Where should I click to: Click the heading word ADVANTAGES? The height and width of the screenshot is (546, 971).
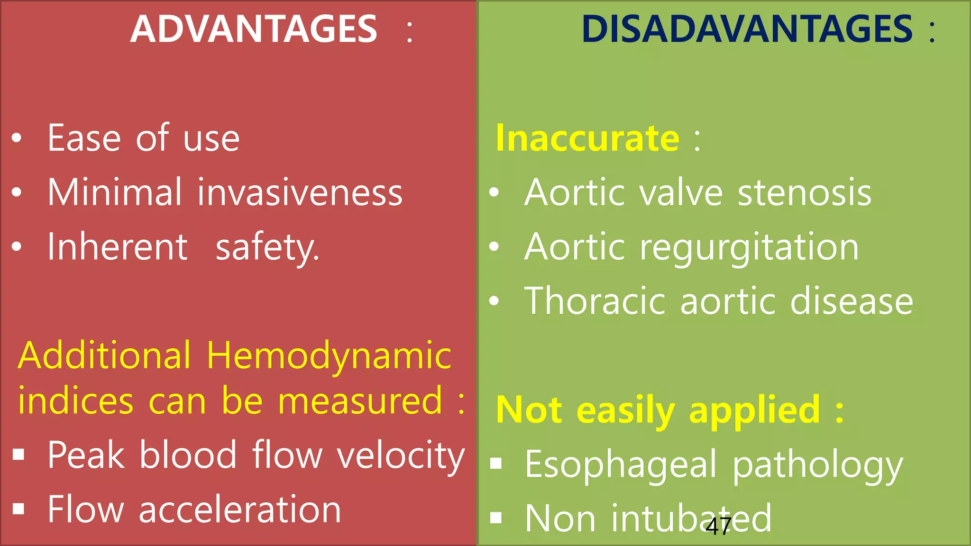(254, 29)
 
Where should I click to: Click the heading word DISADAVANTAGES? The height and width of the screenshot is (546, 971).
(747, 29)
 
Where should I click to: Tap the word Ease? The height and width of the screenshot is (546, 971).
(84, 138)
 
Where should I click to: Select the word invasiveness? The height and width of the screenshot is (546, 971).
(300, 193)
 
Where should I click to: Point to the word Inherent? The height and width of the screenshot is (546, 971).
(118, 247)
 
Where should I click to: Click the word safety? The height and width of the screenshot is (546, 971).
(267, 248)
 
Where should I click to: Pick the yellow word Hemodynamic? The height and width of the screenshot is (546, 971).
(329, 355)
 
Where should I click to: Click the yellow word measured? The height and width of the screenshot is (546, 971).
(360, 401)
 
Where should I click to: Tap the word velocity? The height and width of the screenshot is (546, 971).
(401, 456)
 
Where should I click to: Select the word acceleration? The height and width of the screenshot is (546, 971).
(240, 510)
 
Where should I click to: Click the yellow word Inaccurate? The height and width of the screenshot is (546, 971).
(587, 138)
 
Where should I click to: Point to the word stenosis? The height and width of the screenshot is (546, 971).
(805, 193)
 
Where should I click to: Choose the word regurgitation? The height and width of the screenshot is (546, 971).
(749, 248)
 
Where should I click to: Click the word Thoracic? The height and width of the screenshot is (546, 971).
(595, 301)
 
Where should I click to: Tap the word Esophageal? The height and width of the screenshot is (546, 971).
(621, 465)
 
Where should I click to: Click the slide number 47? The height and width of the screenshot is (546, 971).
(718, 527)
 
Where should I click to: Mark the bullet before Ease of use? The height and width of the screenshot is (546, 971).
(17, 138)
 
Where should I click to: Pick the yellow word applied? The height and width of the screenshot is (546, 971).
(754, 410)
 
